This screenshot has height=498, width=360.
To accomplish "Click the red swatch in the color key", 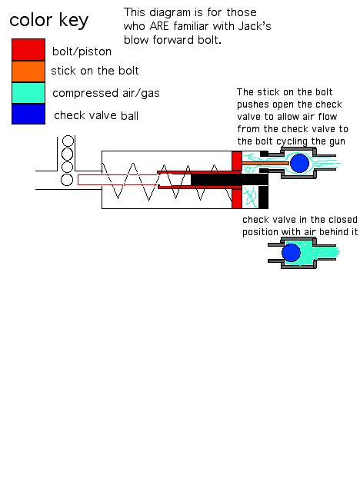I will (28, 49).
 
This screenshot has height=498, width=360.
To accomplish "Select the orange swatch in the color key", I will (28, 71).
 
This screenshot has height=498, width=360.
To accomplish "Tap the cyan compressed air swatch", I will (28, 92).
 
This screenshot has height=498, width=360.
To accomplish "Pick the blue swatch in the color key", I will (28, 114).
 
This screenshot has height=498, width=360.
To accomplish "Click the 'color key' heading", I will (48, 19).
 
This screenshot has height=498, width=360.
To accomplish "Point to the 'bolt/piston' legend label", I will (82, 51).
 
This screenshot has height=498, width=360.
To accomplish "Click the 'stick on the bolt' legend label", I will (95, 71).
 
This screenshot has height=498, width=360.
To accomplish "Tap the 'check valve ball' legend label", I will (96, 115).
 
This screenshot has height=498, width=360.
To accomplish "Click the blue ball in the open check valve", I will (298, 163).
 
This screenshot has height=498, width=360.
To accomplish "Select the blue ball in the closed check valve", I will (291, 253).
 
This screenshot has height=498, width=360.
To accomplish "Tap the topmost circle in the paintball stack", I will (68, 141).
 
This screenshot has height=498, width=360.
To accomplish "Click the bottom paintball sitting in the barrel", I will (68, 180).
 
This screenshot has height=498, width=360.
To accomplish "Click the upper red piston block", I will (236, 161).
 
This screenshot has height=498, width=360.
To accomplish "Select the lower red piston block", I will (236, 198).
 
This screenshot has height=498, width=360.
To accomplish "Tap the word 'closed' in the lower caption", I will (329, 219).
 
